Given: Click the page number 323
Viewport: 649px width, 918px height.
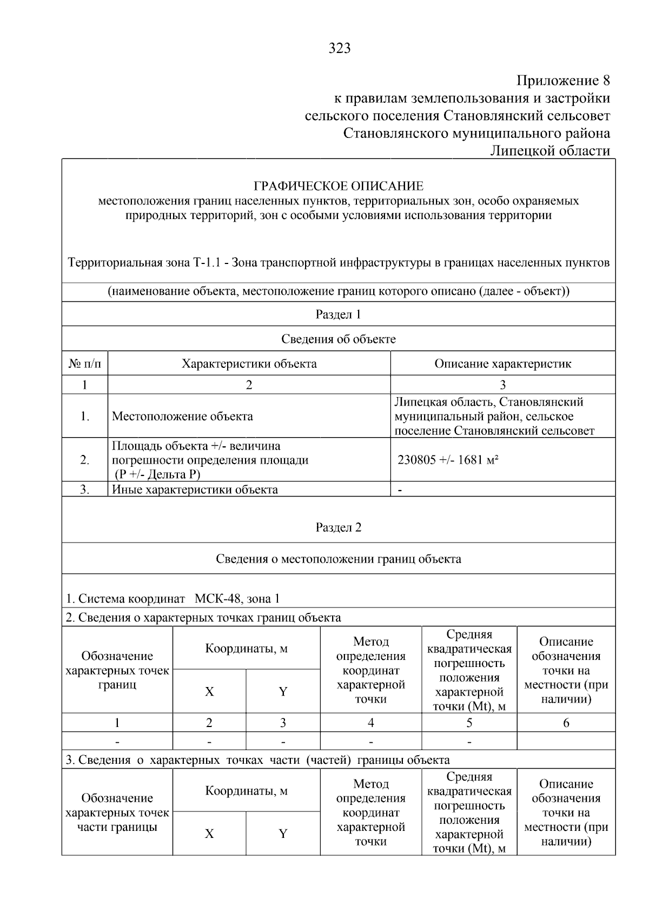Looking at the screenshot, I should point(339,49).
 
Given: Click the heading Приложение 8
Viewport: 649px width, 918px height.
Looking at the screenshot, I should point(563,81).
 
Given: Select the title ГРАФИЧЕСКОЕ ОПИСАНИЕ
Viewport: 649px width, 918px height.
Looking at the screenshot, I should point(339,186).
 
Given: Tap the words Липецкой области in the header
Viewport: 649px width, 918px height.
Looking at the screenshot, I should point(549,150).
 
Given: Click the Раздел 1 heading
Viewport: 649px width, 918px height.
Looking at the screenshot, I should point(338,314).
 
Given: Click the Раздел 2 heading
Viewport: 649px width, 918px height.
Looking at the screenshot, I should point(338,527).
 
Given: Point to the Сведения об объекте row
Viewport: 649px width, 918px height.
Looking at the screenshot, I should point(338,339).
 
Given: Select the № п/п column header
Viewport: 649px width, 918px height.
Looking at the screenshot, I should point(85,364).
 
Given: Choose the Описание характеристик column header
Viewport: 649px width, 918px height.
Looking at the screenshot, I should point(502,364).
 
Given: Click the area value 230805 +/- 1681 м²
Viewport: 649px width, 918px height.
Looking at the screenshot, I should point(448,460).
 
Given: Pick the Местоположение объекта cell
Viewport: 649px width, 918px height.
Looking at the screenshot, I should point(182,417).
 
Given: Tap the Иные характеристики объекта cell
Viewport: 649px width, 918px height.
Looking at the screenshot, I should point(195,490).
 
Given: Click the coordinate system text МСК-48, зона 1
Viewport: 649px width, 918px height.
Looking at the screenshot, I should point(237,599).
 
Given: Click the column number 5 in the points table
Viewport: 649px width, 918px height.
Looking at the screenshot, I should point(469,723).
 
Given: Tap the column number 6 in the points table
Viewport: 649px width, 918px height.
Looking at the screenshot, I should point(566,723).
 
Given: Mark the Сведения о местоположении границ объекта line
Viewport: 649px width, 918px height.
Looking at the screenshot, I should point(338,559).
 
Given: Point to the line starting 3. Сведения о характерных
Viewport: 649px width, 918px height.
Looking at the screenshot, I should point(257,760).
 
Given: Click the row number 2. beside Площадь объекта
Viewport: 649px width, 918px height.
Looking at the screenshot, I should point(85,460).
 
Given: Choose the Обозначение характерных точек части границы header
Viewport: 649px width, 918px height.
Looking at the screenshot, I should point(117,813).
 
